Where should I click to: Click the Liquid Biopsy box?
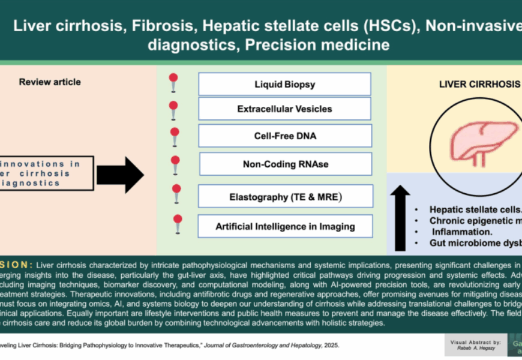click(x=284, y=85)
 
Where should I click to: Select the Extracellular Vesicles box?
click(x=284, y=110)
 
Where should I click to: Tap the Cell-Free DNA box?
click(x=284, y=136)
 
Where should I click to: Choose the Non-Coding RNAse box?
click(x=284, y=164)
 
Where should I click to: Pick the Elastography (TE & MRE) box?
click(x=286, y=196)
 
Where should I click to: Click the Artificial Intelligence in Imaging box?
click(x=286, y=226)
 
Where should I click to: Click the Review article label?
click(x=50, y=82)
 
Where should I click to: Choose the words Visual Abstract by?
click(x=473, y=342)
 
